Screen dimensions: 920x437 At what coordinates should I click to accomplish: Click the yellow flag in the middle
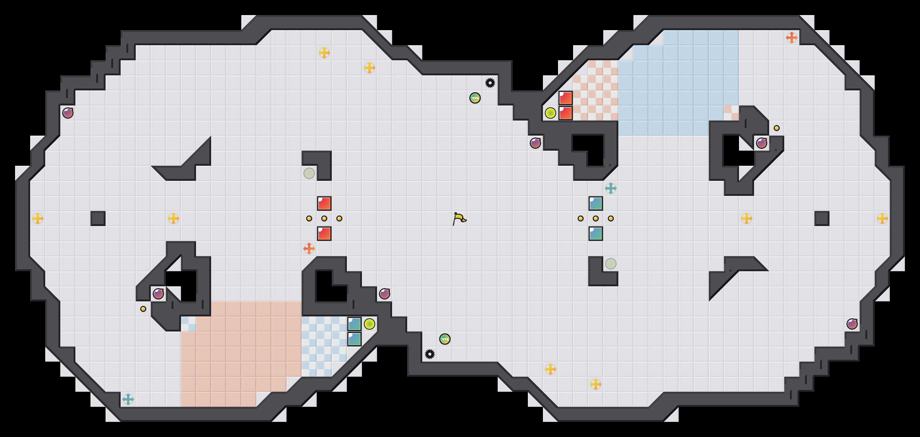[459, 218]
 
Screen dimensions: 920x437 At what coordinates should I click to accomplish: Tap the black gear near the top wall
[490, 83]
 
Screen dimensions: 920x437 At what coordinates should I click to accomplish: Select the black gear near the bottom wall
[429, 354]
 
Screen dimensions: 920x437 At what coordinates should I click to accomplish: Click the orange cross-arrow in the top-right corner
[791, 38]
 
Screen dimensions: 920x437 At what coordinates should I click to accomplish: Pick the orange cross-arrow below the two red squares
[309, 249]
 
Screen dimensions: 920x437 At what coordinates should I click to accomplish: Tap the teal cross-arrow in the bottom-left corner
[128, 399]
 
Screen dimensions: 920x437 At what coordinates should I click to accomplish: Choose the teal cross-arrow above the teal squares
[610, 188]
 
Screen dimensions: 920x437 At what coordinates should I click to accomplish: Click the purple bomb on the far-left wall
[68, 113]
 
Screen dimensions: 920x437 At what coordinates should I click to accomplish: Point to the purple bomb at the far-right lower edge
[852, 324]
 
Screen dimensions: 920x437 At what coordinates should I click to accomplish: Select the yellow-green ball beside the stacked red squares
[550, 113]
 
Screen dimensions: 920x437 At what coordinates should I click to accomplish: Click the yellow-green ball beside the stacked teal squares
[370, 324]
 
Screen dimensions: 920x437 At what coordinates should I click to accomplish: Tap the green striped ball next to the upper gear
[475, 98]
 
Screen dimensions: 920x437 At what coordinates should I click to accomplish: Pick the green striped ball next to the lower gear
[445, 339]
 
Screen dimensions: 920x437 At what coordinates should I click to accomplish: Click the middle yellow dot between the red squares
[324, 218]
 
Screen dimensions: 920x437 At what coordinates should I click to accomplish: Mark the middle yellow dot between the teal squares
[596, 218]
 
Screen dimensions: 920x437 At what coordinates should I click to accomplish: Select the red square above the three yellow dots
[324, 203]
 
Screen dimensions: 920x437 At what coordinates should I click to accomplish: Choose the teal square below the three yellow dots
[596, 234]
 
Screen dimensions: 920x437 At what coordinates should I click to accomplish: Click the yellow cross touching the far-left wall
[38, 218]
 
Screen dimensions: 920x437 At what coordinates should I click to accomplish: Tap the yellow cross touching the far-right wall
[882, 218]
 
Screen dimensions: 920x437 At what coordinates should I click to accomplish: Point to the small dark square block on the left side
[98, 218]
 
